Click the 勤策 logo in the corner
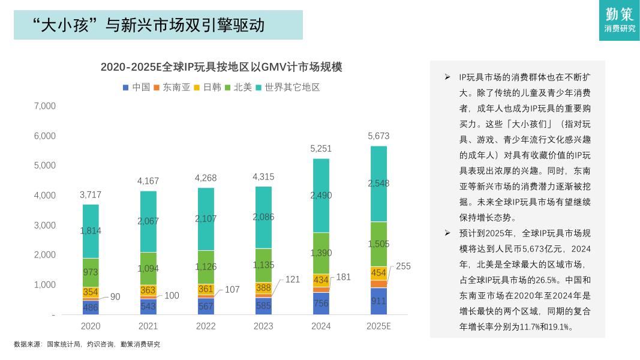619,20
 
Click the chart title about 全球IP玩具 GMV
221,67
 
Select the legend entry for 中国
136,87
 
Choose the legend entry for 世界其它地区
288,87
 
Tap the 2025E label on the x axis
378,326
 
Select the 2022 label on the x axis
206,326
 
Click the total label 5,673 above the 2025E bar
378,136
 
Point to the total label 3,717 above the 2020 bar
91,195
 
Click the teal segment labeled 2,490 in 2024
321,195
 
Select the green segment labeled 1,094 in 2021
148,268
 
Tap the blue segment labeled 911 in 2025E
378,301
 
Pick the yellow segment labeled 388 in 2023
263,288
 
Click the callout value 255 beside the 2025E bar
403,266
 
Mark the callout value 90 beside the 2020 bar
115,296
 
